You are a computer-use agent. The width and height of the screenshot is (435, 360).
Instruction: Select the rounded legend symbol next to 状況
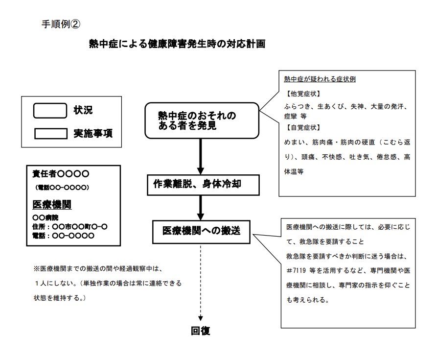point(49,111)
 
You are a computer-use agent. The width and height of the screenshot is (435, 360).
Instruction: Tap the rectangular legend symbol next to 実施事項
point(49,133)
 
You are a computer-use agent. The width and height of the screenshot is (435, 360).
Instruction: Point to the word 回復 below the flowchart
point(201,331)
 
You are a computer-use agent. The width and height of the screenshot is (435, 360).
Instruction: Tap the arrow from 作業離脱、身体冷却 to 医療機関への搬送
point(201,208)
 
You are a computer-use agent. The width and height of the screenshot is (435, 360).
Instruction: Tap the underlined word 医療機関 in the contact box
point(52,205)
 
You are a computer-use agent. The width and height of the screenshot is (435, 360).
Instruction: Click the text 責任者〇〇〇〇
point(61,173)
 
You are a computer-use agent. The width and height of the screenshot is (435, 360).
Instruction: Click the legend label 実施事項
point(93,133)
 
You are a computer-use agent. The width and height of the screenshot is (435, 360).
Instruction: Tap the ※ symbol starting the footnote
point(36,269)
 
